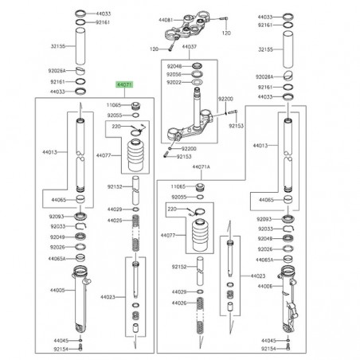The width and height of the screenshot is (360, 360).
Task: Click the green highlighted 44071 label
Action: pyautogui.click(x=125, y=84)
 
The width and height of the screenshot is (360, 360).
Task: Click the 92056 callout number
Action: pyautogui.click(x=174, y=73)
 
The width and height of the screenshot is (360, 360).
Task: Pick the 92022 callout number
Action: pyautogui.click(x=174, y=82)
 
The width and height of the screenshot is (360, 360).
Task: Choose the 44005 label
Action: pyautogui.click(x=54, y=292)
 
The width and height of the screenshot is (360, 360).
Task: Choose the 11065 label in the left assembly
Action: pyautogui.click(x=114, y=105)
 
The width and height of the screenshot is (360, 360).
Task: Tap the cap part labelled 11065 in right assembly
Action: pyautogui.click(x=202, y=186)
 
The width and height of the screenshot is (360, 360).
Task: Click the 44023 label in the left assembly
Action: pyautogui.click(x=109, y=297)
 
